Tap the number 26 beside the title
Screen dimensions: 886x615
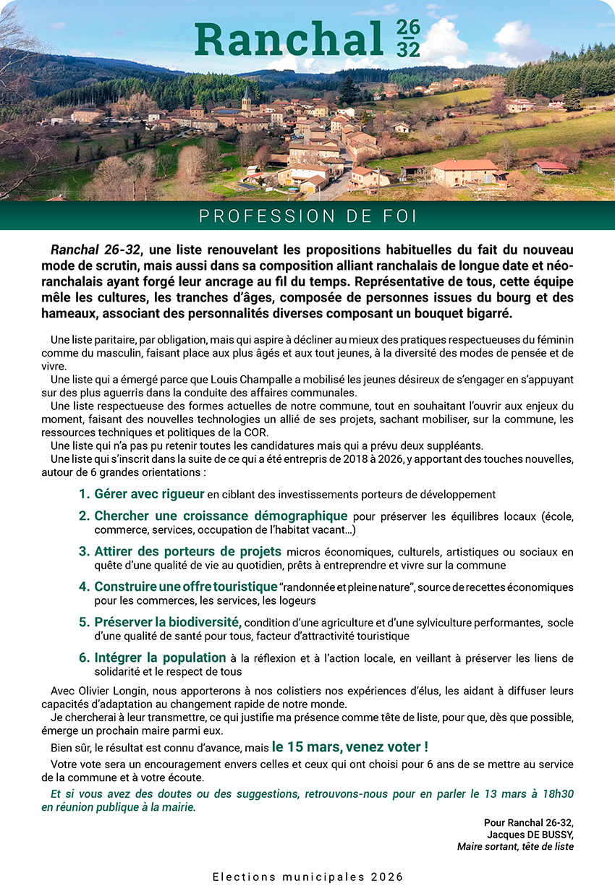click(408, 28)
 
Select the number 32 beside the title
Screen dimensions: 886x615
click(408, 49)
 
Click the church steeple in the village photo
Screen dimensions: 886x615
click(247, 97)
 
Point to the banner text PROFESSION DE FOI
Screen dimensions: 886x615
click(307, 216)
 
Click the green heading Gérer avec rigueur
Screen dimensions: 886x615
click(150, 495)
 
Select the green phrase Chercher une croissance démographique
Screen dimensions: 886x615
click(221, 516)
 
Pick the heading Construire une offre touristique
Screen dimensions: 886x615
click(185, 587)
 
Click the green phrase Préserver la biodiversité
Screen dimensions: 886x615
click(167, 622)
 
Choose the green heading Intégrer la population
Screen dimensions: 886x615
click(160, 657)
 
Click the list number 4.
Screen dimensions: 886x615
click(84, 587)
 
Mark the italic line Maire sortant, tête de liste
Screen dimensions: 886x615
click(515, 845)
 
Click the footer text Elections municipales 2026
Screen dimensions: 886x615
click(307, 877)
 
